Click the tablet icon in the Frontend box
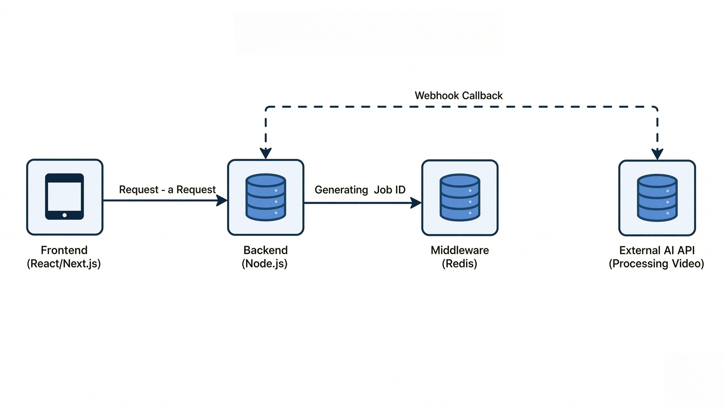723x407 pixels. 65,196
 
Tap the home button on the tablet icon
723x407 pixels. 65,215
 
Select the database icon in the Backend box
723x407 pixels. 266,197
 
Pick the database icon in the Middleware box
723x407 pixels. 460,197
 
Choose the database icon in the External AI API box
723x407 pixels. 657,197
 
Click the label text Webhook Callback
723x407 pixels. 458,96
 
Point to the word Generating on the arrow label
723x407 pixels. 341,190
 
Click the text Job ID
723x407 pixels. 390,190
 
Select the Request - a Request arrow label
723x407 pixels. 167,190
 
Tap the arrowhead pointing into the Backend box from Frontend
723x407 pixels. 222,201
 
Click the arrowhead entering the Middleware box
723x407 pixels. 416,203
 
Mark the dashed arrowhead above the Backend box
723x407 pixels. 266,153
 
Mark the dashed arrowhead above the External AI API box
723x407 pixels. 657,154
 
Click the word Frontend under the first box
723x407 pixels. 64,250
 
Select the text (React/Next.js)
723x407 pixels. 64,263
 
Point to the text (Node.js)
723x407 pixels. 265,263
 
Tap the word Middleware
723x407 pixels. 460,250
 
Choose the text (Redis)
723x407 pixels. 460,263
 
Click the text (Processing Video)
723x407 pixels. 657,263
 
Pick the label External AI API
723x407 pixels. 657,250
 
